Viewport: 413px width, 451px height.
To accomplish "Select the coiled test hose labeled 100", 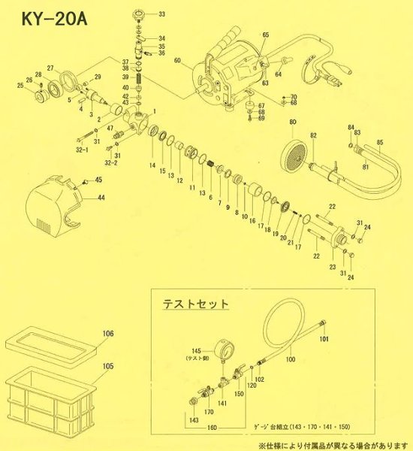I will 293,331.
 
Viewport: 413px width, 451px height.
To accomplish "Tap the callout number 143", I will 174,420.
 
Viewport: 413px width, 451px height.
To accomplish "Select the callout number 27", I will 51,68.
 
